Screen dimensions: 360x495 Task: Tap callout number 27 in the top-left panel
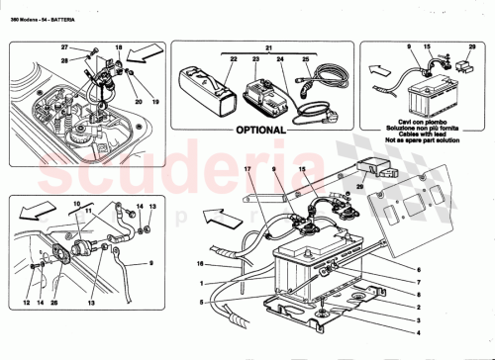pyautogui.click(x=65, y=47)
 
